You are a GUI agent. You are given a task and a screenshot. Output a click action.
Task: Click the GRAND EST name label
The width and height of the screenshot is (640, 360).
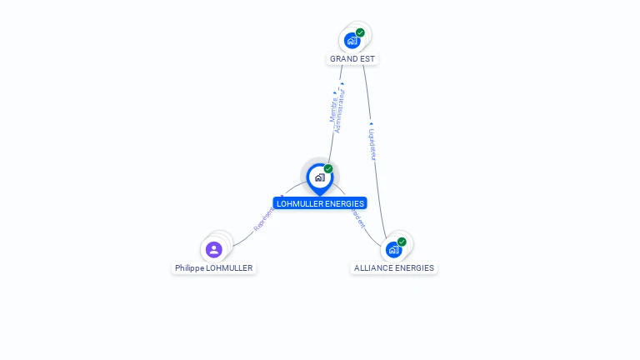pos(352,59)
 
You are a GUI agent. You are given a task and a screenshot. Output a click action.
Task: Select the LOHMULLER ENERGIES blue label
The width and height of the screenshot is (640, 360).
pos(320,203)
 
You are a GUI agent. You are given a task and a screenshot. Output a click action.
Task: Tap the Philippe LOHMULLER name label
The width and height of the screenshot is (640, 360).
pos(213,268)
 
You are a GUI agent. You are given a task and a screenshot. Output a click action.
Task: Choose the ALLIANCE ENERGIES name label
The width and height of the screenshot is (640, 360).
pos(393,268)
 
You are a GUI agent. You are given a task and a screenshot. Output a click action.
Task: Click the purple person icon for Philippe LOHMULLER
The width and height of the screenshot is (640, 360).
pos(213,249)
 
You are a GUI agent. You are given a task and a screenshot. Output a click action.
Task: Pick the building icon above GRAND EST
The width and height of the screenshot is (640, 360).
pos(352,40)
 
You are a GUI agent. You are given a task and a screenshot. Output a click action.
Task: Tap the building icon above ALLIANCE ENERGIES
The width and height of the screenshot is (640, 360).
pos(393,249)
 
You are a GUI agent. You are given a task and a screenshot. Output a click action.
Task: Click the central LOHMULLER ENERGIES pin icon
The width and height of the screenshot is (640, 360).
pos(319,177)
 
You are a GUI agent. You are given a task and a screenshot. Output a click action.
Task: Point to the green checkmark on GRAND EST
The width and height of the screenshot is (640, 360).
pos(360,32)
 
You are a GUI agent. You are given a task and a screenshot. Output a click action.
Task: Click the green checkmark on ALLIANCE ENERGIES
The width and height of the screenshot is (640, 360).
pos(402,242)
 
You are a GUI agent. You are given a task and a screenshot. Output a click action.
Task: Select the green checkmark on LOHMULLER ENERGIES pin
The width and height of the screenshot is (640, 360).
pos(328,169)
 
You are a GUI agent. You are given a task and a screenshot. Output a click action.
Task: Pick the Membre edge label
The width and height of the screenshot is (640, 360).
pos(333,109)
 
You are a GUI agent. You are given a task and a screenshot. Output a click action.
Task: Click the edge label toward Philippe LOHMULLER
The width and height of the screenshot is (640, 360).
pos(262,218)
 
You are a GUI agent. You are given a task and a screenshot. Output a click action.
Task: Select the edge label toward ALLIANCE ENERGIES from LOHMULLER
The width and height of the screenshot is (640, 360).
pos(357,217)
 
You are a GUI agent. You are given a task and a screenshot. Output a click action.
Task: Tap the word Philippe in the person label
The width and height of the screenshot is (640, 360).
pos(189,268)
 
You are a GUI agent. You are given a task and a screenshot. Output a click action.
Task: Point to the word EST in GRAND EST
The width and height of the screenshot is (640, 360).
pos(367,59)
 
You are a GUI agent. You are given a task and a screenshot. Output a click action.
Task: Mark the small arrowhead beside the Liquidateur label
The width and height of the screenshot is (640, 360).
pos(371,124)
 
